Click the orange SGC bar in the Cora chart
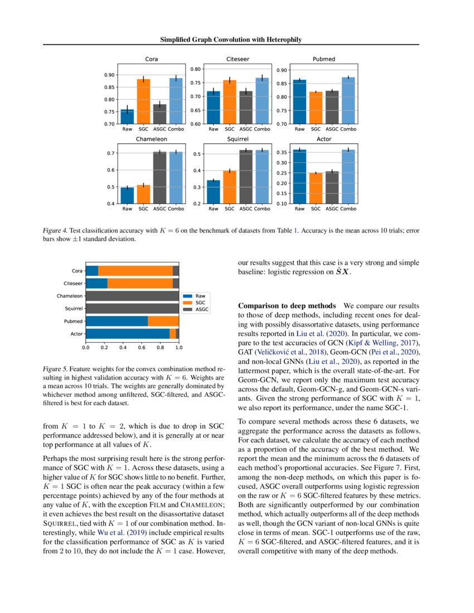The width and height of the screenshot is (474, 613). (x=144, y=101)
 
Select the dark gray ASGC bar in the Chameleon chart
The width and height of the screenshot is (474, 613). (x=160, y=178)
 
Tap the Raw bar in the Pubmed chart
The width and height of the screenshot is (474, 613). (x=299, y=101)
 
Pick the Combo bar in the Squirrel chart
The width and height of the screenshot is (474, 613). (x=262, y=177)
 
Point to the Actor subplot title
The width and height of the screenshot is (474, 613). (x=324, y=139)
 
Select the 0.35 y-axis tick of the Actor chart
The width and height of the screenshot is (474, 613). (x=282, y=152)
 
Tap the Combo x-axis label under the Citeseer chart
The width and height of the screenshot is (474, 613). (x=262, y=129)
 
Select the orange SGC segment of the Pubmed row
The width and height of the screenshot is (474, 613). (x=163, y=321)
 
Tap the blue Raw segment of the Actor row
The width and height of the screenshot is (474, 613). (x=127, y=333)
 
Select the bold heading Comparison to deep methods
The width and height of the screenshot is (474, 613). (x=287, y=306)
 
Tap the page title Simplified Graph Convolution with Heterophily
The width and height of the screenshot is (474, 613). (x=231, y=40)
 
